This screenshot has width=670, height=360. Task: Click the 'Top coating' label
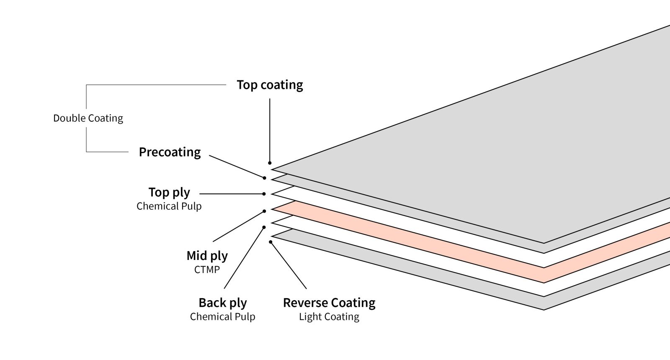(x=270, y=85)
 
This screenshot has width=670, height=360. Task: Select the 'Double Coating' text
(x=88, y=118)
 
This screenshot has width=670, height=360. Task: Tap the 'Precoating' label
(x=170, y=152)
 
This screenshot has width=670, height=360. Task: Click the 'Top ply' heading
(x=169, y=193)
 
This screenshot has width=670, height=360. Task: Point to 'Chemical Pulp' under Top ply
(x=169, y=206)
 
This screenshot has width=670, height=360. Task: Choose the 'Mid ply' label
(x=207, y=256)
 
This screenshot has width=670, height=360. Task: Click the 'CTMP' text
(x=207, y=270)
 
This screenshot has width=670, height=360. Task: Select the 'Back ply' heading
(x=222, y=303)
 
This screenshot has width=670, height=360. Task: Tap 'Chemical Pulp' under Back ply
(x=222, y=317)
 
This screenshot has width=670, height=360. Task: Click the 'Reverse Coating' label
(x=329, y=303)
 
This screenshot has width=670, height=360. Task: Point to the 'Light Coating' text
(x=329, y=317)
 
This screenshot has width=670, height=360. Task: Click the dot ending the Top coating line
(x=270, y=163)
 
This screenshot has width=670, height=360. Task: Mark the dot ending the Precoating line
(x=264, y=178)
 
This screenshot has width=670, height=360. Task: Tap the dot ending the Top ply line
(x=264, y=194)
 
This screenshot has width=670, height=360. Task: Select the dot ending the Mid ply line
(x=264, y=211)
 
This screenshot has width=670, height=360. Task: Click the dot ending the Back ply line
(x=264, y=227)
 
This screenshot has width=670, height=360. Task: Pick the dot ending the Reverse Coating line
(x=271, y=242)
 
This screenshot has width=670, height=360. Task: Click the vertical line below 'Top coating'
(x=270, y=130)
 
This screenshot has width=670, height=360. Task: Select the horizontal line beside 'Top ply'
(x=230, y=194)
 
